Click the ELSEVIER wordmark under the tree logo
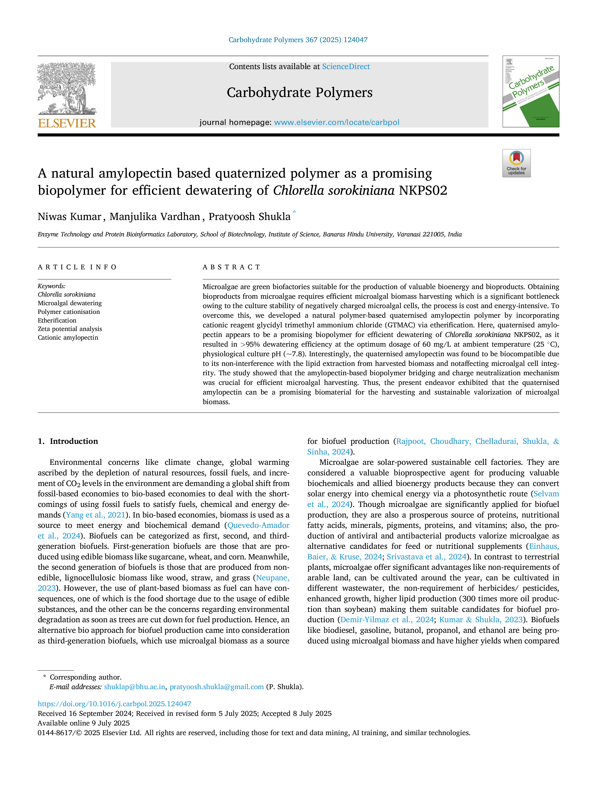(x=67, y=123)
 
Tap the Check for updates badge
(x=516, y=163)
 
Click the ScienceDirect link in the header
(x=346, y=67)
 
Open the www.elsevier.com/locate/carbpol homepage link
(x=337, y=122)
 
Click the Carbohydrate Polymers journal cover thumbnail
(x=531, y=91)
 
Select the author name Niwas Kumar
(x=70, y=217)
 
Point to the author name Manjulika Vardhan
(x=155, y=217)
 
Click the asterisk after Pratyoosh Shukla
(x=294, y=212)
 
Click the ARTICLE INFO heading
(x=77, y=267)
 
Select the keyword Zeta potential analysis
(x=70, y=329)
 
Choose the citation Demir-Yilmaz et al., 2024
(x=387, y=620)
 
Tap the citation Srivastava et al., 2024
(x=426, y=557)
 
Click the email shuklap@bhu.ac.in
(x=135, y=687)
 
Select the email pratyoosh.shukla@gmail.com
(x=217, y=687)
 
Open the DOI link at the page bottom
(x=114, y=704)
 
